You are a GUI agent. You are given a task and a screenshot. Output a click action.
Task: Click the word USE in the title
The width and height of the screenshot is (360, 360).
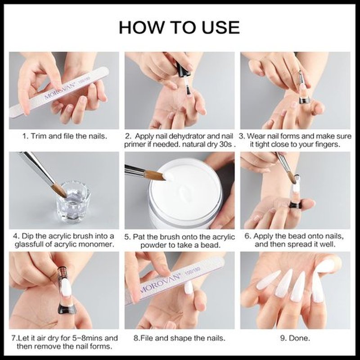point(220,27)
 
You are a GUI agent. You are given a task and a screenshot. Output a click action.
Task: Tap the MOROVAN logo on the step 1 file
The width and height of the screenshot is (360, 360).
point(60,90)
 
